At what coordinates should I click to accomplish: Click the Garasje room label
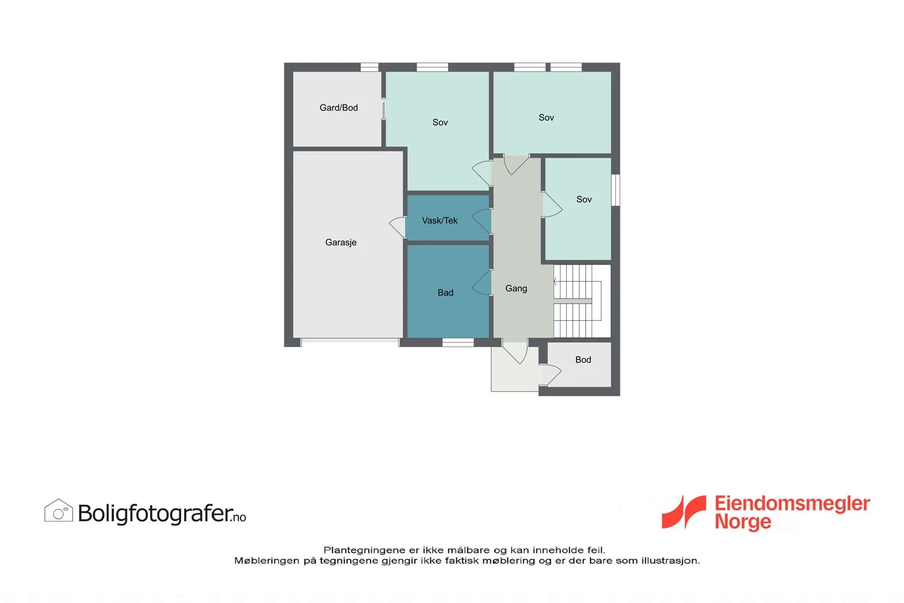341,242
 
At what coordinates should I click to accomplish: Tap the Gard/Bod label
338,108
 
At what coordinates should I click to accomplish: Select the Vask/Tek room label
440,220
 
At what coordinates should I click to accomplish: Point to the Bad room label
446,293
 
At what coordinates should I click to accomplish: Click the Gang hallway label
516,289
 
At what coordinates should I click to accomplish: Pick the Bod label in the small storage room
583,359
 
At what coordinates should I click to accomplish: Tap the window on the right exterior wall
616,190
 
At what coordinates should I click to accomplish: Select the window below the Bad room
458,342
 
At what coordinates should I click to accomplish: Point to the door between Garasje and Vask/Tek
398,227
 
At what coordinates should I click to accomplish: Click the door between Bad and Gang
482,283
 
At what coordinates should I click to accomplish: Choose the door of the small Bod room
550,375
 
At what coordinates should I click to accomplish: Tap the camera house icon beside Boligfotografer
59,510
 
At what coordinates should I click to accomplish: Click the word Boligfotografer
155,513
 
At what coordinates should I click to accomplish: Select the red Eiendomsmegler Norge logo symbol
684,512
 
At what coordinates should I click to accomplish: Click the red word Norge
743,522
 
